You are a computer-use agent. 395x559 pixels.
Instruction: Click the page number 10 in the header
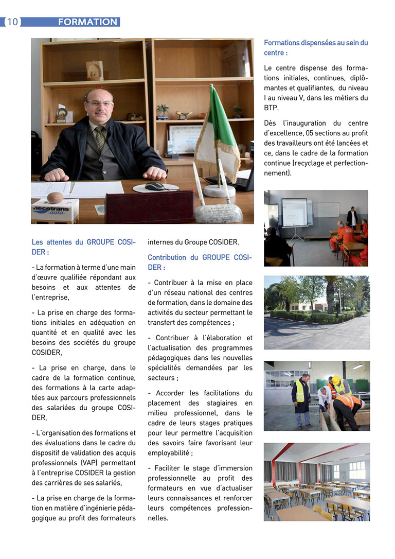point(12,22)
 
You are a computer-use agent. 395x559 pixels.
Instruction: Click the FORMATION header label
point(87,22)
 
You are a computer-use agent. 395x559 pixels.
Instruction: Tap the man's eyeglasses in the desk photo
point(100,103)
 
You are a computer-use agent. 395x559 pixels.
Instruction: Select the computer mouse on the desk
point(155,186)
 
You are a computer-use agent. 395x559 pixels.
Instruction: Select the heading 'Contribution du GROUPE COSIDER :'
point(200,262)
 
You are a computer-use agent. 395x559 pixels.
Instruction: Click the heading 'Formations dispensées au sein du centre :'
point(316,48)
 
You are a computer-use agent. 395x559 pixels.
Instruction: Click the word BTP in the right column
point(271,108)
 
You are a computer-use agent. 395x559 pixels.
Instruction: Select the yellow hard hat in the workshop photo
point(336,380)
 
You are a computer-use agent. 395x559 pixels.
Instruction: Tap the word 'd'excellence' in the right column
point(284,133)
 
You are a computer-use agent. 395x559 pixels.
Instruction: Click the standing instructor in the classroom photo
point(352,218)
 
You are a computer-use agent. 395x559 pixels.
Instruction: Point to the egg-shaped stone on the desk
point(55,197)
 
